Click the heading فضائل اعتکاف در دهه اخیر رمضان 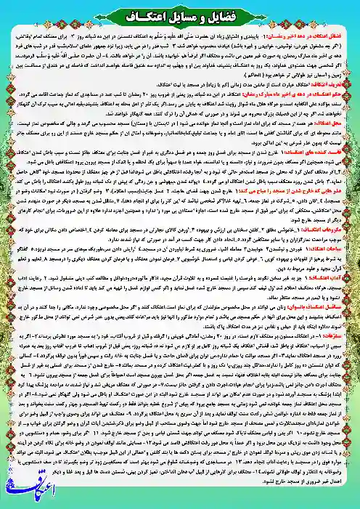coord(306,34)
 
